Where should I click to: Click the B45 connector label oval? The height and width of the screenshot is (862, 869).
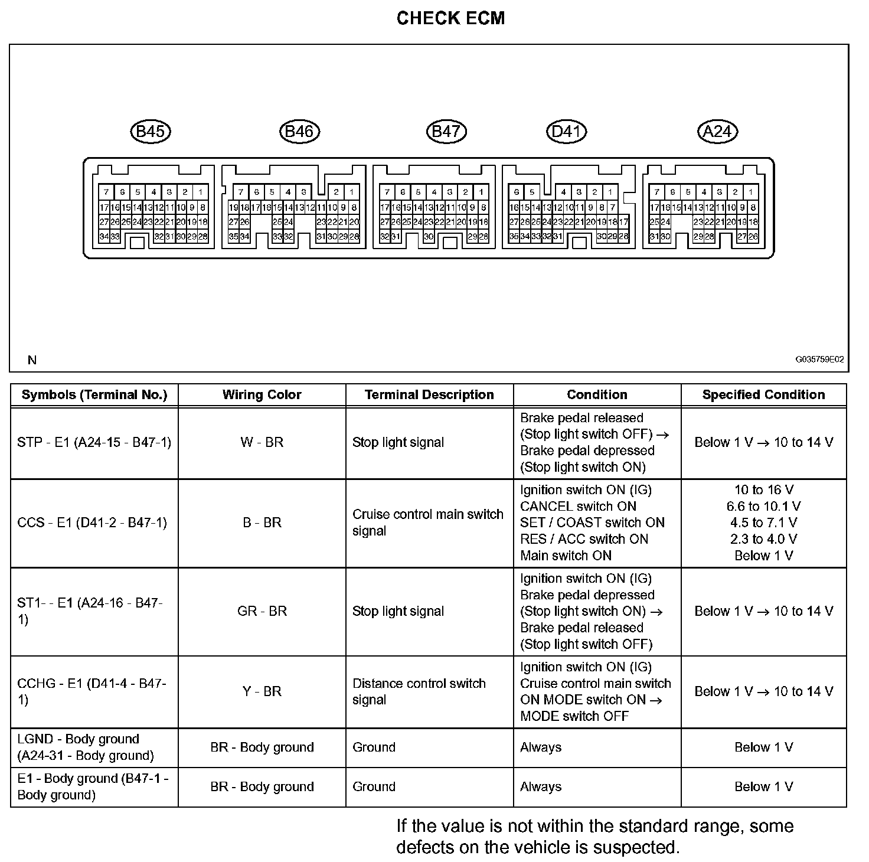click(x=150, y=131)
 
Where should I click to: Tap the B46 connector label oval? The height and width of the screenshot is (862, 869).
click(x=299, y=131)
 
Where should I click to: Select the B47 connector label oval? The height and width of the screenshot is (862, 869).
click(x=446, y=131)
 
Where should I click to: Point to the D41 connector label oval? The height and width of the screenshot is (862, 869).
click(x=567, y=131)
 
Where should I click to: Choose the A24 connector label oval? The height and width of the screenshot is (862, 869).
click(x=718, y=131)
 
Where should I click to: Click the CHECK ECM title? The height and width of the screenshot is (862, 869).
click(x=450, y=18)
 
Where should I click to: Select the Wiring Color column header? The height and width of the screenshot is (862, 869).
click(x=262, y=395)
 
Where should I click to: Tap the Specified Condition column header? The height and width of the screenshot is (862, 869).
click(x=763, y=395)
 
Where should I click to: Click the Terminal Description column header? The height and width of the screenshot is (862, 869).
click(x=429, y=395)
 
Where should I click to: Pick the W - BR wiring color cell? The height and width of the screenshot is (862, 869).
click(x=262, y=442)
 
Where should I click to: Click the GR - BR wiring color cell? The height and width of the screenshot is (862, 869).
click(x=262, y=611)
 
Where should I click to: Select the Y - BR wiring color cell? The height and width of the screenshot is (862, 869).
click(x=262, y=691)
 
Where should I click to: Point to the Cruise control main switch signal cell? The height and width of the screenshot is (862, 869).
click(x=427, y=523)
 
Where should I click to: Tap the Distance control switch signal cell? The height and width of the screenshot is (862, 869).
click(x=419, y=691)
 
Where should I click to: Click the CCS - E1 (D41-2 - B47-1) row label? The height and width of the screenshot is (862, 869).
click(x=92, y=523)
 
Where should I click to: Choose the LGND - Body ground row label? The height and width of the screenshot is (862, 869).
click(x=86, y=747)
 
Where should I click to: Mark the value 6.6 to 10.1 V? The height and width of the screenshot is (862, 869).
click(x=763, y=506)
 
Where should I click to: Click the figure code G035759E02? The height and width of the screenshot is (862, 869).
click(x=819, y=359)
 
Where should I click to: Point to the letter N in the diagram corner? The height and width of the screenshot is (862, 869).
click(x=32, y=360)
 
